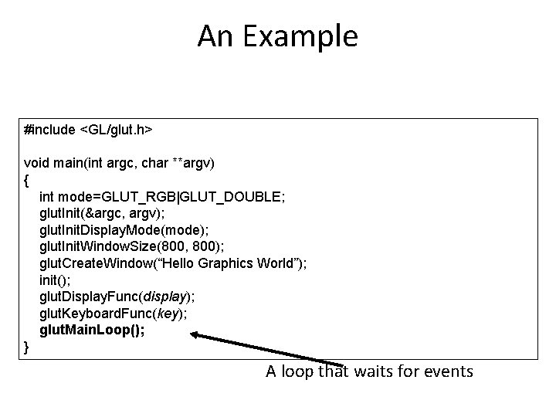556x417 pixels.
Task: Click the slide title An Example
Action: click(277, 36)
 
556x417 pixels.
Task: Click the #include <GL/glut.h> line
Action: click(88, 131)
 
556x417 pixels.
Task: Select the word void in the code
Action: click(37, 163)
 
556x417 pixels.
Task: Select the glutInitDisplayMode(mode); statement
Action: click(124, 230)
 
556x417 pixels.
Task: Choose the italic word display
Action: click(173, 297)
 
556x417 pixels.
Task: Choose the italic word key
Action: click(169, 314)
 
